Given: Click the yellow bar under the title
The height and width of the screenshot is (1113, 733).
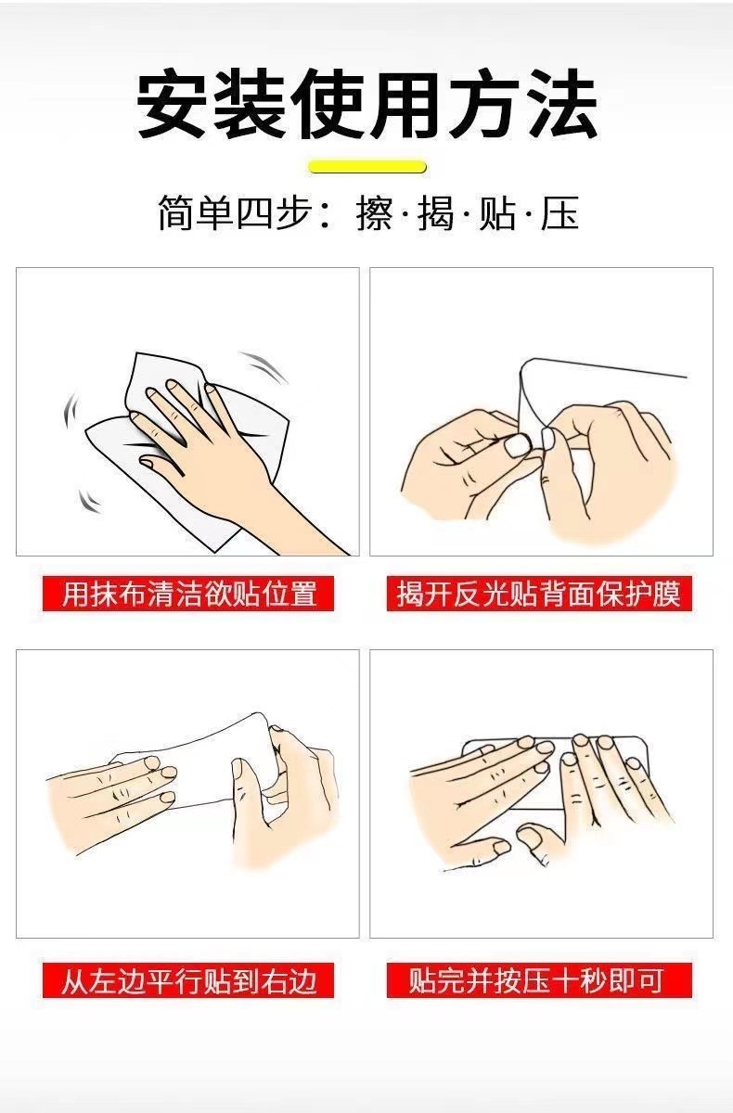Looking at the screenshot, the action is [x=367, y=166].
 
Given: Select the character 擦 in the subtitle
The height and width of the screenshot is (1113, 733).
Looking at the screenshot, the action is [x=374, y=213].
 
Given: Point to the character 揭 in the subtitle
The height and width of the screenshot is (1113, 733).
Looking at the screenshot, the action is [x=436, y=213].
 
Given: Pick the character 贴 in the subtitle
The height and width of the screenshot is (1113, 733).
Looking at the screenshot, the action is [x=498, y=213].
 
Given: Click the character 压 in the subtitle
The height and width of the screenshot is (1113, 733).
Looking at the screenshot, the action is [x=560, y=213].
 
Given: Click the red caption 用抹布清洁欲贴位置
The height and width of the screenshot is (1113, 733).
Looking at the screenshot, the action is [x=188, y=594].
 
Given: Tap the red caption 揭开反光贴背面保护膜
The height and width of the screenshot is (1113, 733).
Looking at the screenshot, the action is [x=539, y=594].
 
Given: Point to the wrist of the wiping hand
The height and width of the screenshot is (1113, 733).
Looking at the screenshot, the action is [x=278, y=502].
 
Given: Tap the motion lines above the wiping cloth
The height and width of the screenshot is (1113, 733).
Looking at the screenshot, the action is [x=264, y=366].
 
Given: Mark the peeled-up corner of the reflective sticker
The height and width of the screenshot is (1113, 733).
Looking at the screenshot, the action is [x=528, y=367].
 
